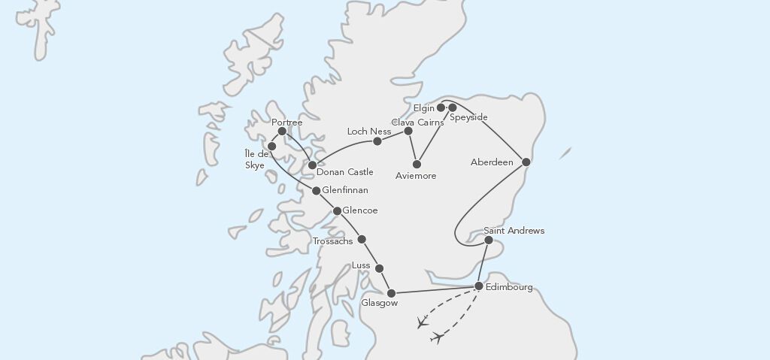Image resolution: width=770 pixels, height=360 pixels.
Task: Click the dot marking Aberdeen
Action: coord(526,162)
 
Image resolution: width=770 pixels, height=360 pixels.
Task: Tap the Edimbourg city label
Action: coord(509,288)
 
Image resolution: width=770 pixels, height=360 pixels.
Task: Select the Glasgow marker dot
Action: coord(391,293)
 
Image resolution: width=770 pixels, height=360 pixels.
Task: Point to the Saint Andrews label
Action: coord(514,231)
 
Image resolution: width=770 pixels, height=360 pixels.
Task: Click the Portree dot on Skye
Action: coord(282,132)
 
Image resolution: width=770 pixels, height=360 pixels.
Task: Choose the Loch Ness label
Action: coord(368,132)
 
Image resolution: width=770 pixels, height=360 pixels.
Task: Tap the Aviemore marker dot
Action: coord(417,164)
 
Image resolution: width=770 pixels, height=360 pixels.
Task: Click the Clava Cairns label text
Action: coord(418,122)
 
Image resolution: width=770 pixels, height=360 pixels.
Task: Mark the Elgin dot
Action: coord(441,107)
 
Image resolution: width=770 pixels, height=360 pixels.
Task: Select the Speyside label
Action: coord(468,117)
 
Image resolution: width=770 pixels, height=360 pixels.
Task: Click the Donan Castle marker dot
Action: coord(312,165)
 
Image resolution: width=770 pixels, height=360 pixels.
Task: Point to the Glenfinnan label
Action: coord(344,191)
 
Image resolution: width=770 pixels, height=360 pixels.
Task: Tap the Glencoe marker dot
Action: coord(338,211)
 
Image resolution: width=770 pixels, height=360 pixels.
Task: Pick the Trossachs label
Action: coord(332,241)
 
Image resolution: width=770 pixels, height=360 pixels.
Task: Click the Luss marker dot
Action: coord(379,268)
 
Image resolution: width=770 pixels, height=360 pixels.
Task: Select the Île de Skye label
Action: coord(256,160)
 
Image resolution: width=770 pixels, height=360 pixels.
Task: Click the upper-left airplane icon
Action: coord(422,323)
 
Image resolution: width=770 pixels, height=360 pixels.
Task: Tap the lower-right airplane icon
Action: coord(437,338)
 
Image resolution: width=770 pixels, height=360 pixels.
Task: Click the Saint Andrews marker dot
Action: coord(489,241)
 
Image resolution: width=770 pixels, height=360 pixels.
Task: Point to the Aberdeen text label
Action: coord(492,162)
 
